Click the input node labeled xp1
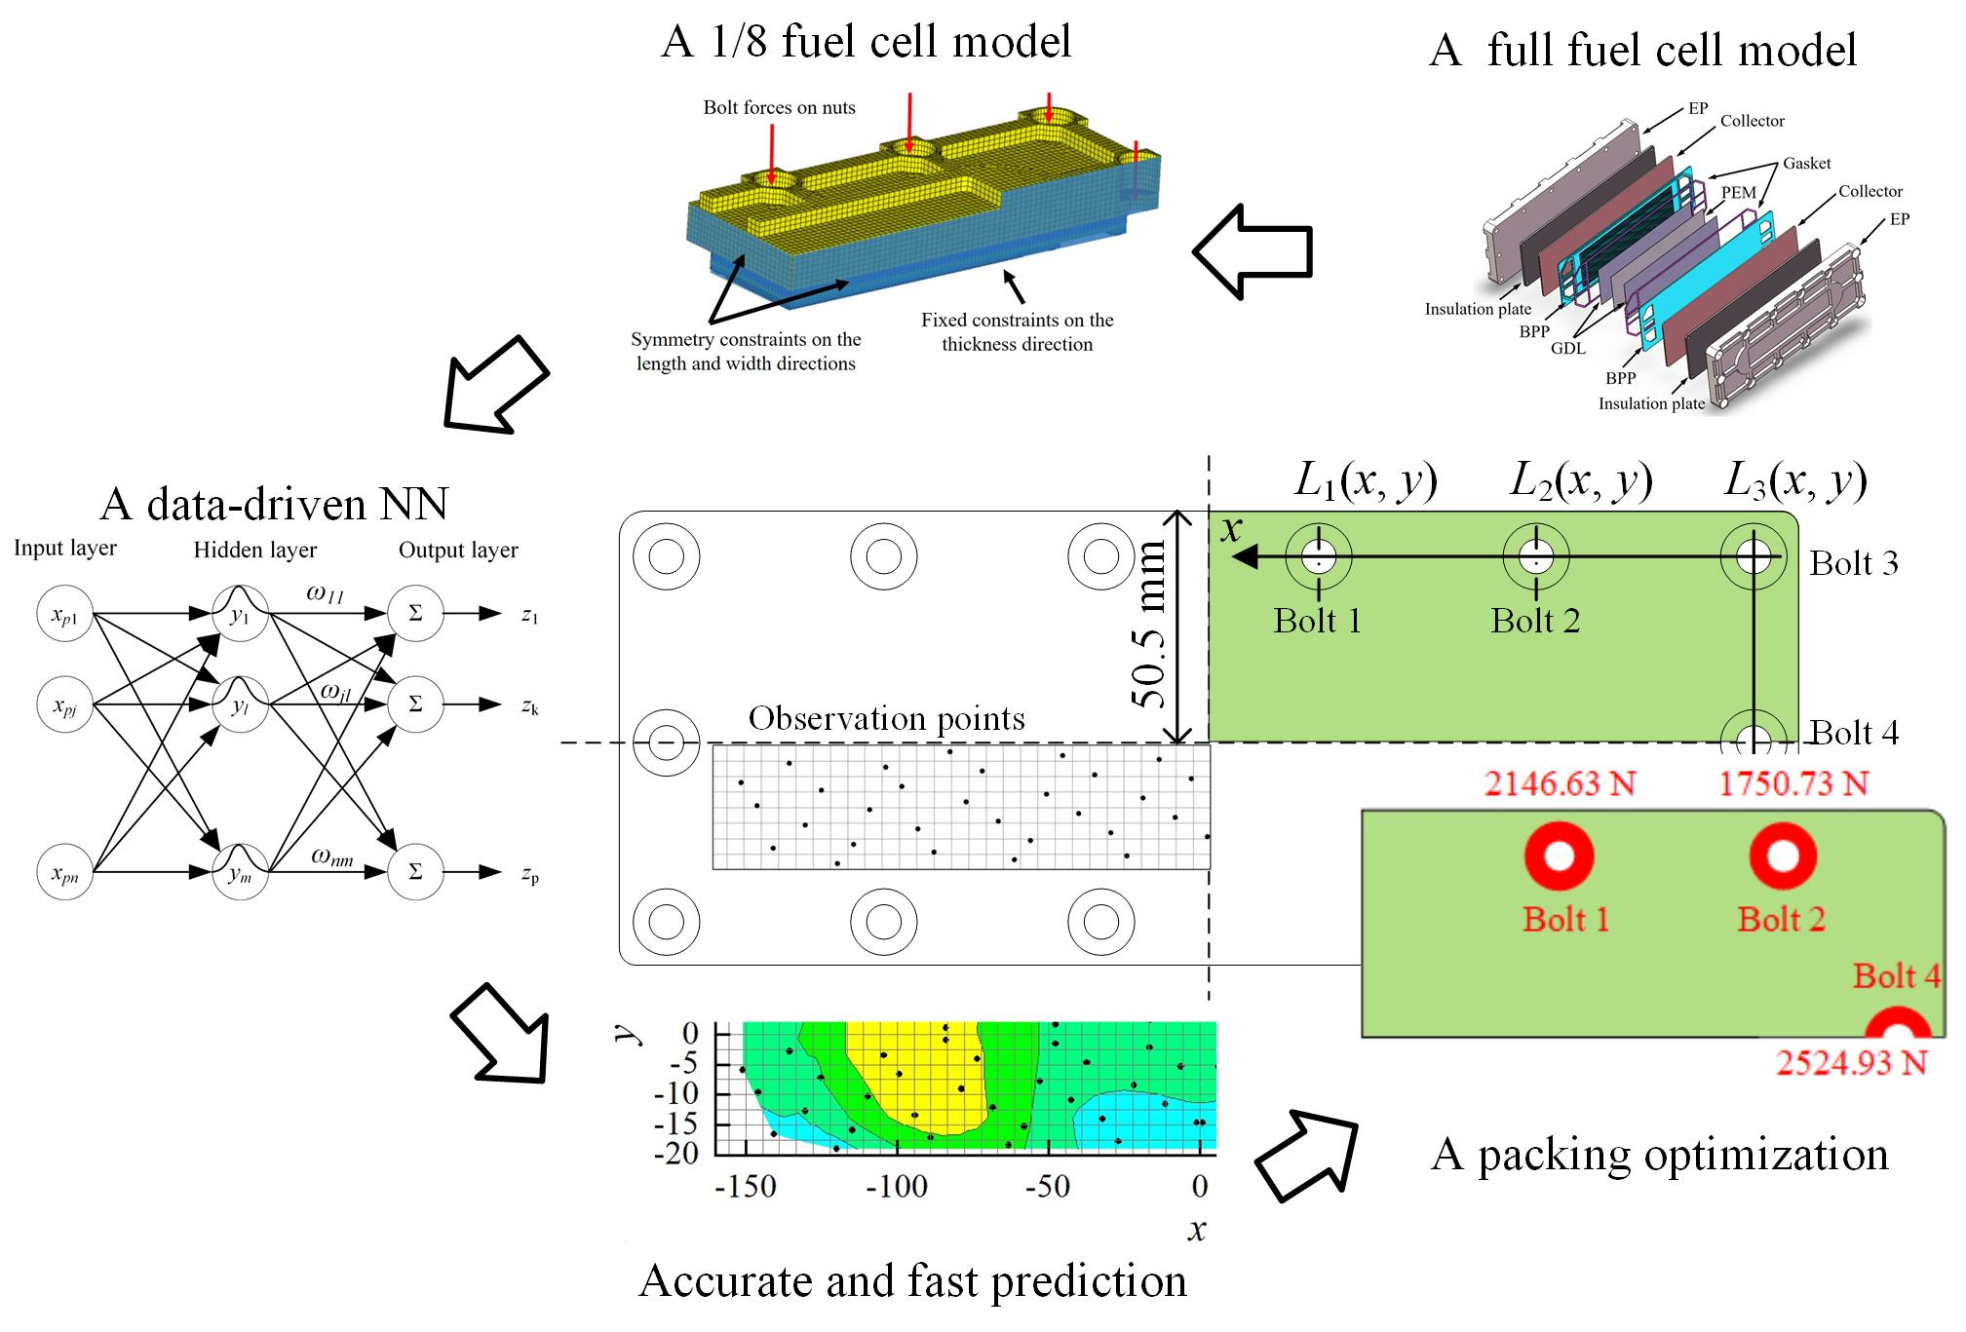click(x=64, y=614)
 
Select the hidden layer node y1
click(x=240, y=614)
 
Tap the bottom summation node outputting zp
click(x=415, y=871)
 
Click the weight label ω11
click(x=326, y=593)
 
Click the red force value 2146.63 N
click(x=1560, y=783)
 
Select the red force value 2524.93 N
click(x=1851, y=1062)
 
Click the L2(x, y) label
click(x=1581, y=480)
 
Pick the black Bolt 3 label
click(x=1854, y=563)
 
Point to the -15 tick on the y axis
click(x=676, y=1123)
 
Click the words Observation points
click(x=886, y=719)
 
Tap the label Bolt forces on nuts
click(x=779, y=108)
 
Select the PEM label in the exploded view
click(x=1738, y=193)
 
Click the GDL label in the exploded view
click(x=1567, y=348)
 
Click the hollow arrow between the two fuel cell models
click(x=1253, y=251)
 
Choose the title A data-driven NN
click(x=274, y=504)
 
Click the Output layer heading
click(x=458, y=551)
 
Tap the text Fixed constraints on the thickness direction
click(x=1017, y=332)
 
